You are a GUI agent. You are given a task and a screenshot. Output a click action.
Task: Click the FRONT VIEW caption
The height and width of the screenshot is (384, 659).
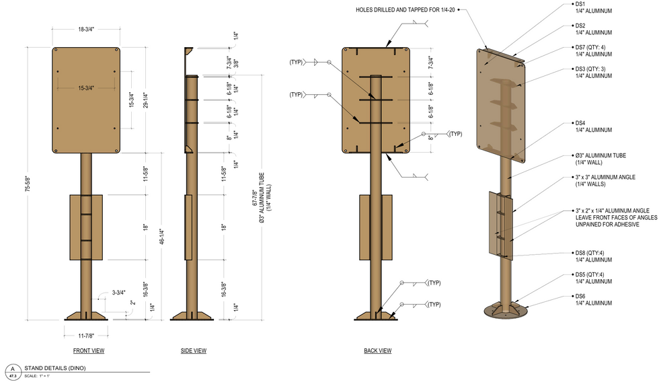click(89, 351)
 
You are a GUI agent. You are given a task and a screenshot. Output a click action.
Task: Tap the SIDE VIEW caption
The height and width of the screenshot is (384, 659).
click(194, 351)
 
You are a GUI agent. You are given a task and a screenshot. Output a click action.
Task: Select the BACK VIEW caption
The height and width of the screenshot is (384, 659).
click(378, 351)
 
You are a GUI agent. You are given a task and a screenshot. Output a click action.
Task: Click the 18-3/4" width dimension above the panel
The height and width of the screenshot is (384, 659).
click(86, 30)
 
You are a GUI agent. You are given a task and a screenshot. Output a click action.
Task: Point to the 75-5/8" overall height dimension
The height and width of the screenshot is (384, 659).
click(28, 184)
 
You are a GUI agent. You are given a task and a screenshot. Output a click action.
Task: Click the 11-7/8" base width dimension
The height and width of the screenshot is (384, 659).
click(86, 336)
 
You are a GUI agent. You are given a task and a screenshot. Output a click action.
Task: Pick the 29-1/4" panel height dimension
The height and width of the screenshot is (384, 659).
click(146, 100)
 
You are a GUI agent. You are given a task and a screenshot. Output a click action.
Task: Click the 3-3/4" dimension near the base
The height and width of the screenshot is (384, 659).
click(118, 293)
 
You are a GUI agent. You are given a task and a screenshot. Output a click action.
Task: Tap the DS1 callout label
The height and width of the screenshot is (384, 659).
click(580, 4)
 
